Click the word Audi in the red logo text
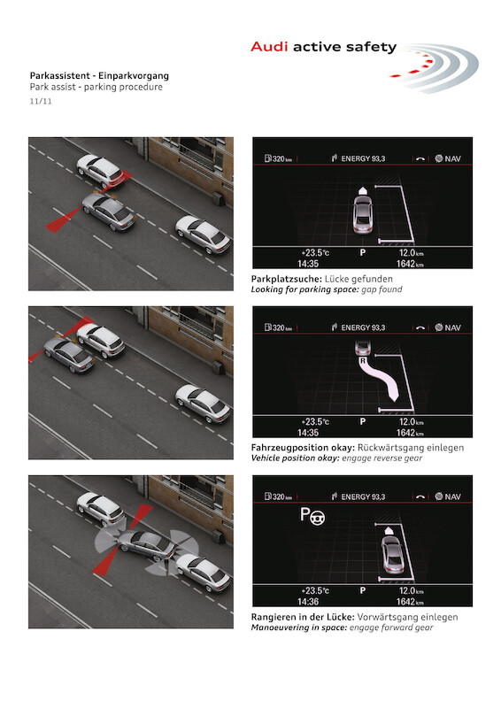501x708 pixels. [269, 47]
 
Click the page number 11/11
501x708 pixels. [41, 102]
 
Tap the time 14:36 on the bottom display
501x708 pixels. [308, 602]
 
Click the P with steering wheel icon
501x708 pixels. [312, 516]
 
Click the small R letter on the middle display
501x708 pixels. [362, 361]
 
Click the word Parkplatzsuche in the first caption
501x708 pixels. [287, 279]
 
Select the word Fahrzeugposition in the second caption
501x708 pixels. [303, 448]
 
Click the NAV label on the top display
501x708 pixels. [452, 159]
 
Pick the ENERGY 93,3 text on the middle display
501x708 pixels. [363, 327]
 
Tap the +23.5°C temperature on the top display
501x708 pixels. [315, 253]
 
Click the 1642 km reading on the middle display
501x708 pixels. [410, 433]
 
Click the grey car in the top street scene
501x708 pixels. [108, 212]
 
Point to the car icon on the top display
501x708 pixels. [362, 214]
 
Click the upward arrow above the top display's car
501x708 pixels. [362, 190]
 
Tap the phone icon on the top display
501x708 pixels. [420, 159]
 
